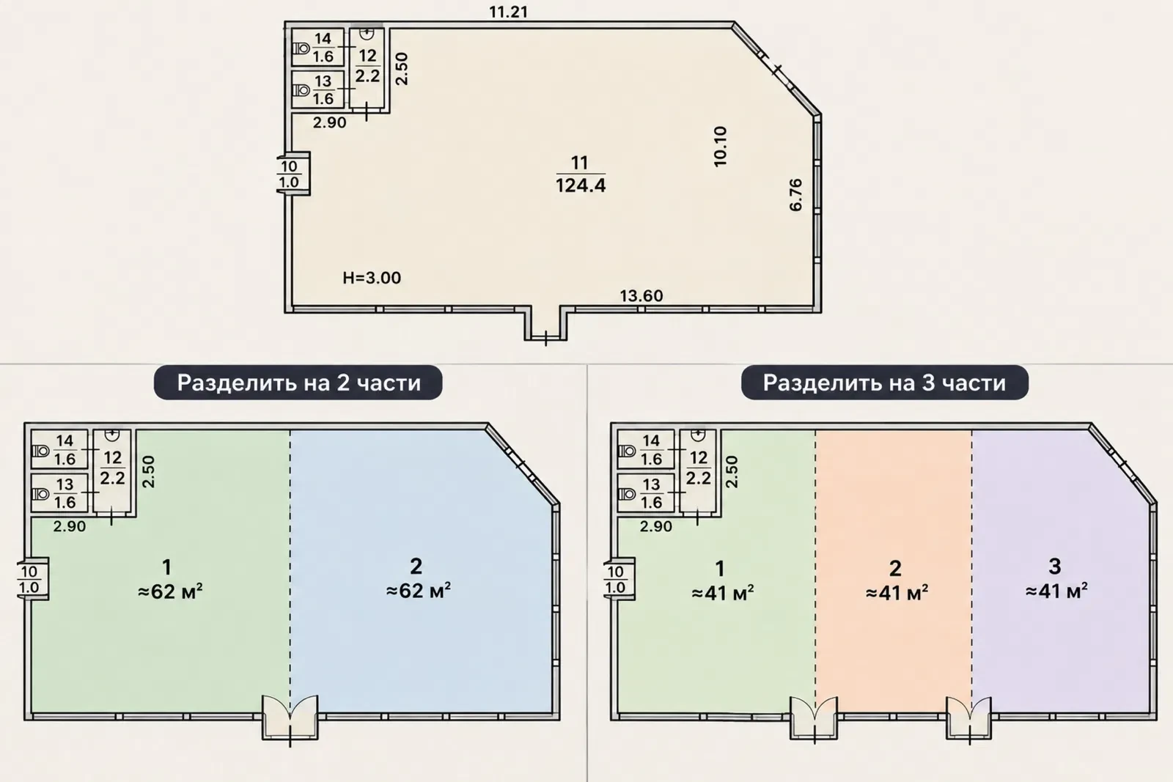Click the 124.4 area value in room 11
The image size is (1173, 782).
pyautogui.click(x=580, y=186)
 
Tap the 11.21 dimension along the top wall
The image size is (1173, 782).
pyautogui.click(x=509, y=12)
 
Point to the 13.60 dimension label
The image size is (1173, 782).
pyautogui.click(x=641, y=296)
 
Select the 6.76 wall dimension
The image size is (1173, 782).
pyautogui.click(x=795, y=195)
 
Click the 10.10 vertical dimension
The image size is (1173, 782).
pyautogui.click(x=721, y=147)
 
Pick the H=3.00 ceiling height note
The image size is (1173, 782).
pyautogui.click(x=372, y=278)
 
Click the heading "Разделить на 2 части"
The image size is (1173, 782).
pyautogui.click(x=298, y=383)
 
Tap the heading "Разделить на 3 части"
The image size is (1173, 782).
pyautogui.click(x=884, y=383)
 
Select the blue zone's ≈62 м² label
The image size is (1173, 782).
pyautogui.click(x=419, y=591)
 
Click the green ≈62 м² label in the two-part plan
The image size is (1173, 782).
pyautogui.click(x=170, y=591)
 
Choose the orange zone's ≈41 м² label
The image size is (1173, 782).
pyautogui.click(x=897, y=593)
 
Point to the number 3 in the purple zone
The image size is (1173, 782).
pyautogui.click(x=1055, y=567)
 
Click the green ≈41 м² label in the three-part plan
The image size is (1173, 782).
pyautogui.click(x=723, y=593)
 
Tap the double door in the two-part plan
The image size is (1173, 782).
pyautogui.click(x=290, y=717)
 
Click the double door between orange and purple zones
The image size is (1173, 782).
pyautogui.click(x=968, y=718)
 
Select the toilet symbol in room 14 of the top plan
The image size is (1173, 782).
pyautogui.click(x=301, y=48)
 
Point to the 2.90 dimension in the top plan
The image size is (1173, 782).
pyautogui.click(x=329, y=122)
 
